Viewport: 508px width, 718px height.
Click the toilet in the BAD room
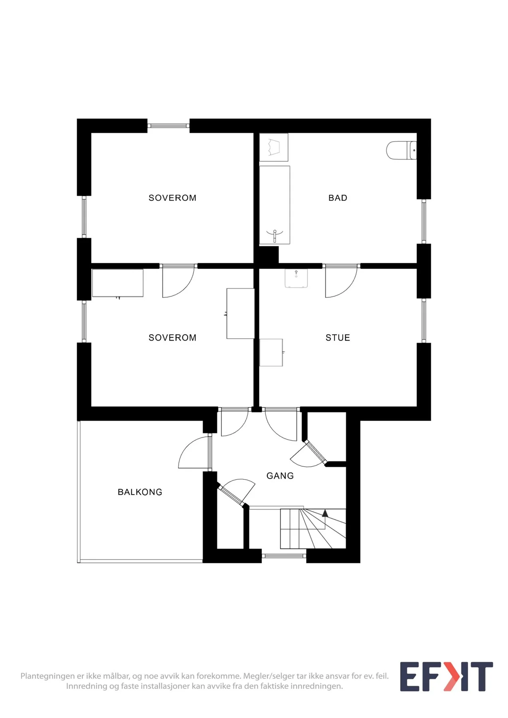401,150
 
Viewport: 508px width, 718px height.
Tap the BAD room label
338,198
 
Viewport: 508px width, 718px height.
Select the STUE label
338,338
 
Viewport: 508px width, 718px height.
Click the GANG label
280,476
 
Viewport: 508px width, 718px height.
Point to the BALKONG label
140,492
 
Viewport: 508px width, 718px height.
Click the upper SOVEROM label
172,198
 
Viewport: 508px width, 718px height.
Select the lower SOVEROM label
172,338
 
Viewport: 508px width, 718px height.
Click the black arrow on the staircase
325,513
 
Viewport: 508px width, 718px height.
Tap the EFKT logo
447,677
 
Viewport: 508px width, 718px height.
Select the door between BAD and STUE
341,281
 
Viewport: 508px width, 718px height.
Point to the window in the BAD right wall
424,221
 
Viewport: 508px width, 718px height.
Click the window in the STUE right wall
424,320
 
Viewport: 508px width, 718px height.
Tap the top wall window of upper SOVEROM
168,126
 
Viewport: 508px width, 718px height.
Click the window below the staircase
284,556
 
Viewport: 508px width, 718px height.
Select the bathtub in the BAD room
275,205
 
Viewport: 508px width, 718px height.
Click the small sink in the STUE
296,278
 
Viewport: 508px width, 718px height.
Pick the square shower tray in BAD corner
274,147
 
